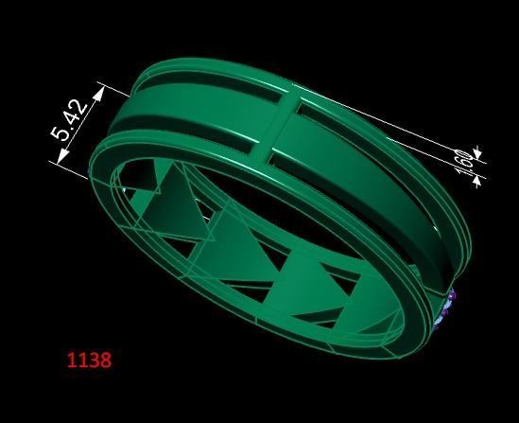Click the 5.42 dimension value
point(71,120)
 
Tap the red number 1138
point(89,360)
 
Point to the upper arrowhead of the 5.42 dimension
point(98,93)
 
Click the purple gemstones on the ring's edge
point(448,308)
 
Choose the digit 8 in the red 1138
point(105,360)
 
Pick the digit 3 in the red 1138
point(94,360)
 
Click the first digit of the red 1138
point(71,360)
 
